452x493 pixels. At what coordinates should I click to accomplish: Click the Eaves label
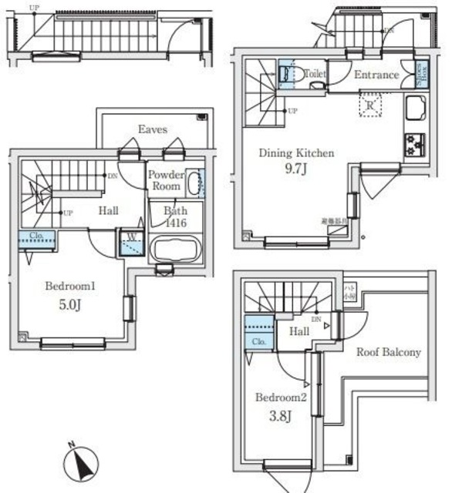(x=153, y=130)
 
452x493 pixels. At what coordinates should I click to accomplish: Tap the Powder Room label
(x=165, y=180)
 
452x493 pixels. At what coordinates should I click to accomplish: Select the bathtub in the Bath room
(x=175, y=249)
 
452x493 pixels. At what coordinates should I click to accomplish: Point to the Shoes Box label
(x=420, y=74)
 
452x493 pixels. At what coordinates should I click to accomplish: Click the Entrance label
(x=376, y=75)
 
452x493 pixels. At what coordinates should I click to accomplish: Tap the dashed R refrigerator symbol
(x=371, y=106)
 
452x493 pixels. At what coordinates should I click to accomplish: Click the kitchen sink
(x=417, y=110)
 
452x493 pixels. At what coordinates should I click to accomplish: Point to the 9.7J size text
(x=295, y=167)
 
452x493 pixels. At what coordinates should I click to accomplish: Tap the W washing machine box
(x=131, y=243)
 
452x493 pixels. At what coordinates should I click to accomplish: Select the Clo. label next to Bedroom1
(x=36, y=236)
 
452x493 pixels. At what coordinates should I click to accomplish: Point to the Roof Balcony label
(x=388, y=352)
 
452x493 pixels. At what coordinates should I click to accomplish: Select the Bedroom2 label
(x=280, y=397)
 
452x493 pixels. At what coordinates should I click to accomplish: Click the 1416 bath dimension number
(x=175, y=223)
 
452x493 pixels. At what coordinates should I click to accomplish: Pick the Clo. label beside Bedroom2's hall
(x=259, y=342)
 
